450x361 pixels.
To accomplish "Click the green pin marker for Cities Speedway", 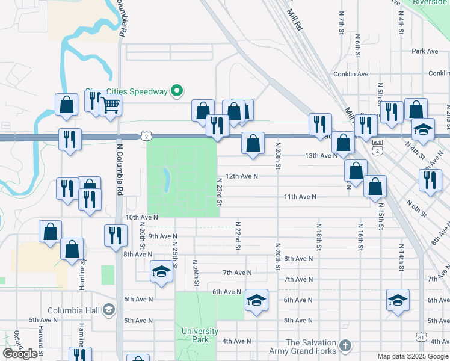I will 176,91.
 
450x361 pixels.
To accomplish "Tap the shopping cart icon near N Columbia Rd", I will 109,105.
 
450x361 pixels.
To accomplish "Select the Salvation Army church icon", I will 344,345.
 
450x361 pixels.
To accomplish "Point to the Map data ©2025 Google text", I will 412,356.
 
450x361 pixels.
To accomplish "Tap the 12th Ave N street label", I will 241,176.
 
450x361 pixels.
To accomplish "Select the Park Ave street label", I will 425,51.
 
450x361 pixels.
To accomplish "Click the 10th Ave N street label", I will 141,217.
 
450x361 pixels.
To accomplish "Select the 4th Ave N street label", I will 236,341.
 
